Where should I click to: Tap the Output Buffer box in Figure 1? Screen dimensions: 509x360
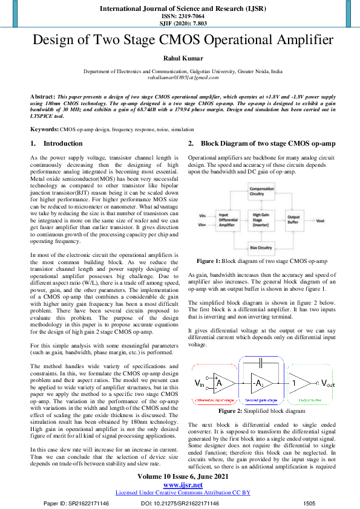pos(293,220)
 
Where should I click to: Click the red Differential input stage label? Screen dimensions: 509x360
pos(215,400)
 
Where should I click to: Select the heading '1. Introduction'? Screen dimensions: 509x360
pos(57,143)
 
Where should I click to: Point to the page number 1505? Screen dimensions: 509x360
pos(309,503)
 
